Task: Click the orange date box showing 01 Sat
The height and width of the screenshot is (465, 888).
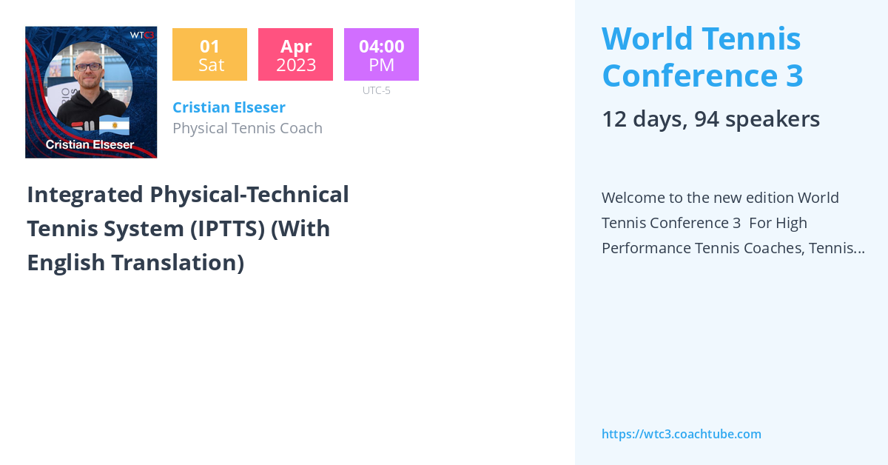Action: point(209,55)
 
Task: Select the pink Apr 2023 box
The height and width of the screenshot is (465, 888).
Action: point(295,55)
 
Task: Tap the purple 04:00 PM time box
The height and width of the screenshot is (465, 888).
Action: point(381,55)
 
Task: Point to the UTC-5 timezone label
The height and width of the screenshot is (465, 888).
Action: point(377,90)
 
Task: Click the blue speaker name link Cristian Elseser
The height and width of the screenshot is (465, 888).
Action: point(229,107)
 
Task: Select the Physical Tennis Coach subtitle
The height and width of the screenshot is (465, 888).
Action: point(247,128)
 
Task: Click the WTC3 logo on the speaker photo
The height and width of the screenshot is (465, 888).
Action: point(141,35)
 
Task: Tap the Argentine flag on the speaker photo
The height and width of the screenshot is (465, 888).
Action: point(115,124)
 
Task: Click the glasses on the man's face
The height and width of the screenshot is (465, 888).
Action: point(89,67)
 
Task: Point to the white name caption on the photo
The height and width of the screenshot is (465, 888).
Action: point(90,145)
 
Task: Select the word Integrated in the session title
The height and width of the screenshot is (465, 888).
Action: point(85,195)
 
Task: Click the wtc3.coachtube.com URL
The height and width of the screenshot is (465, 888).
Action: point(681,434)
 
